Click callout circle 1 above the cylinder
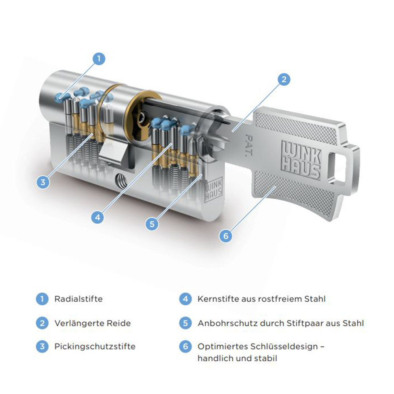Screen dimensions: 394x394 click(99, 59)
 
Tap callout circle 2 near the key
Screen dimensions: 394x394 click(284, 79)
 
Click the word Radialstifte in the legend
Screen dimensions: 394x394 click(78, 299)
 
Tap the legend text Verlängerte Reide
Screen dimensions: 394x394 click(93, 323)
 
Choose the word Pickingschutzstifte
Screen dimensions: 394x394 click(95, 347)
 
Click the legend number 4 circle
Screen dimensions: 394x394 click(185, 299)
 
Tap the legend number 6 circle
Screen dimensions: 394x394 click(185, 347)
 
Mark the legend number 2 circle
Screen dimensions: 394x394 click(42, 323)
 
